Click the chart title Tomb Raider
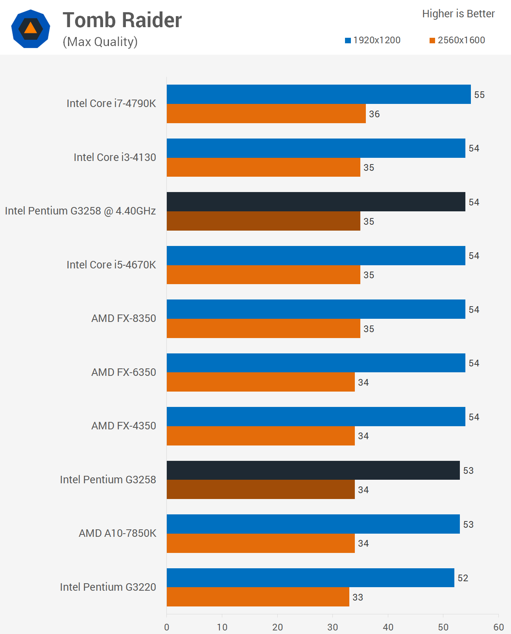[x=122, y=20]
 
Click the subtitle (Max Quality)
[x=100, y=42]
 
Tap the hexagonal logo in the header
[x=31, y=29]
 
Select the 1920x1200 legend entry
[x=373, y=40]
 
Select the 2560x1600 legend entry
[x=457, y=40]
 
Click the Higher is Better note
[x=458, y=14]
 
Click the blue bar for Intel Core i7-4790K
[x=319, y=94]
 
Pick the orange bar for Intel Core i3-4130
[x=264, y=167]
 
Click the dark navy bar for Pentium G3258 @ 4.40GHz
[x=316, y=202]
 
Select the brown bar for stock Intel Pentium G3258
[x=261, y=490]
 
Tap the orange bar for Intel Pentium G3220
[x=258, y=597]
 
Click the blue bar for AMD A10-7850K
[x=313, y=524]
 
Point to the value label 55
[x=479, y=95]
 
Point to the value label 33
[x=358, y=597]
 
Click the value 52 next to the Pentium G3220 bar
[x=463, y=578]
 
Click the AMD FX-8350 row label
[x=124, y=318]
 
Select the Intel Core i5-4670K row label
[x=111, y=265]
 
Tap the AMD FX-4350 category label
[x=124, y=426]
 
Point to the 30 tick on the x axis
[x=332, y=627]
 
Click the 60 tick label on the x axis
[x=498, y=627]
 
